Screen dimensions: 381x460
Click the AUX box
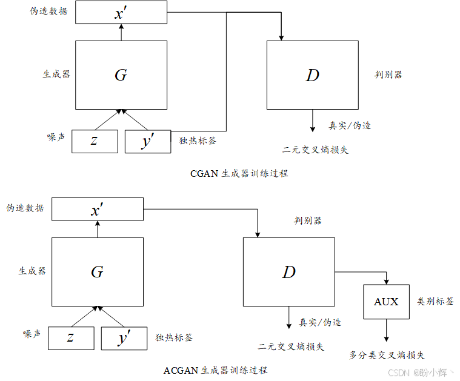(386, 302)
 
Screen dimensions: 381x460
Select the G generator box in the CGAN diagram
(121, 75)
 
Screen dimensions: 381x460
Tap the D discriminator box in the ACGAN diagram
(288, 271)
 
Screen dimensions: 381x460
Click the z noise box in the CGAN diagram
(95, 141)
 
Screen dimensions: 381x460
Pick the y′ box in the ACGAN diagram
(124, 338)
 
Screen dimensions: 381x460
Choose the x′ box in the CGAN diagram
(121, 12)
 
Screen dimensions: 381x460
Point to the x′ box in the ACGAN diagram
(98, 210)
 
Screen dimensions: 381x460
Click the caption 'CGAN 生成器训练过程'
(239, 173)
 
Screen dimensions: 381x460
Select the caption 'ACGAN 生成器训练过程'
(215, 369)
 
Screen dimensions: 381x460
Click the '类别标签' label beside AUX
(435, 301)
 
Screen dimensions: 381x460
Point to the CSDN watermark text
(421, 372)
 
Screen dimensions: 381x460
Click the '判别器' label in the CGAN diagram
(388, 75)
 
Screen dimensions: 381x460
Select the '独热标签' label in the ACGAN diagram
(175, 337)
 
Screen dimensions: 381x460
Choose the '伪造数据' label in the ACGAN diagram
(25, 208)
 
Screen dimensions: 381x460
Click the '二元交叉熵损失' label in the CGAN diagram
(315, 150)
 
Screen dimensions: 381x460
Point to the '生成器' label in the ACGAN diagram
(32, 271)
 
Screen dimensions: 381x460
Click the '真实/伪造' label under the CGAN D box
(350, 125)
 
